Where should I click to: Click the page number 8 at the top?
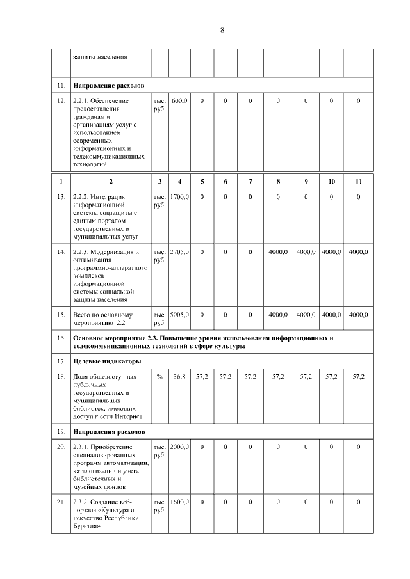(222, 30)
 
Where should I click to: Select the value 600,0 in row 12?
(179, 100)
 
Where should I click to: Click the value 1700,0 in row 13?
(179, 197)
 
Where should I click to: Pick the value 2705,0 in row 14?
(179, 252)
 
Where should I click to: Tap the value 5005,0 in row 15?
(179, 315)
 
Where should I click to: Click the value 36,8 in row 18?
(179, 377)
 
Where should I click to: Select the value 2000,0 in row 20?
(179, 447)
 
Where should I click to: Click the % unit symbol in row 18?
(159, 377)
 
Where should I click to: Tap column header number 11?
(358, 182)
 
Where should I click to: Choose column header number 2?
(110, 182)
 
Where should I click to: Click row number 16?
(61, 337)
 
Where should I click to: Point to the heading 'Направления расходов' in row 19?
(110, 431)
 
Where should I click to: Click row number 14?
(61, 252)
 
